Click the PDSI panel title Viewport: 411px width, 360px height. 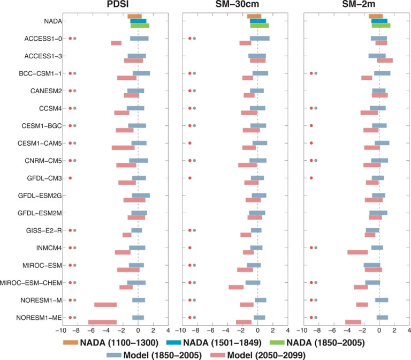coord(115,6)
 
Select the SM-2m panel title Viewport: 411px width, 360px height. coord(355,6)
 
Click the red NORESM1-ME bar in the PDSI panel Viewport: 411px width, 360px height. coord(102,322)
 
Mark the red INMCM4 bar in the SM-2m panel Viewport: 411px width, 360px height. coord(357,252)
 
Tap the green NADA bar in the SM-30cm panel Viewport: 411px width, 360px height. coord(260,26)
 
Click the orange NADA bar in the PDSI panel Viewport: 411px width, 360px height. coord(135,17)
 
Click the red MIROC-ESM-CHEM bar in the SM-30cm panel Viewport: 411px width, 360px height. coord(236,287)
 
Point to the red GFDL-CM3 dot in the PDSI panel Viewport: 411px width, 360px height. coord(70,178)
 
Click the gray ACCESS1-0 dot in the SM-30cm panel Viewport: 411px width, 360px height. coord(194,39)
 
